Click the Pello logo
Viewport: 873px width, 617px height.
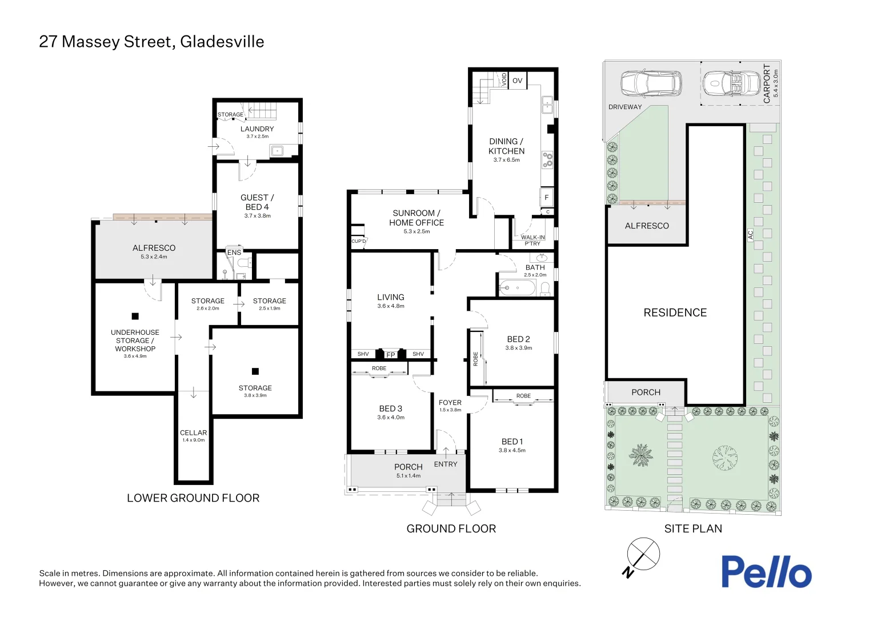pos(767,572)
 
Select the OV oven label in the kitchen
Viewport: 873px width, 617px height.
pos(517,81)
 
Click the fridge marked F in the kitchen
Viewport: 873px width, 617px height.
pos(546,198)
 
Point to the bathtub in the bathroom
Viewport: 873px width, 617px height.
pos(517,288)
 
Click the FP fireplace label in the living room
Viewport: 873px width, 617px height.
pos(391,355)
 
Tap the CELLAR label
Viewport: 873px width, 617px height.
pos(193,432)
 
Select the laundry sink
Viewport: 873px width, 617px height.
pos(278,150)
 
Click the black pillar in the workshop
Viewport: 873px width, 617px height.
pos(135,316)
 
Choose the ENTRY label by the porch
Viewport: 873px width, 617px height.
pos(446,464)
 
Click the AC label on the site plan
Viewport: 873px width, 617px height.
pos(751,235)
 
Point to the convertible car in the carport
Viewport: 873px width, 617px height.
pos(731,83)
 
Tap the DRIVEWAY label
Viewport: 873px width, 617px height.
pos(624,107)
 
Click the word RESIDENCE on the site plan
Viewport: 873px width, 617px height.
pos(675,312)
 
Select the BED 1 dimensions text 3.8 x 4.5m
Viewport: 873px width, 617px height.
pos(512,450)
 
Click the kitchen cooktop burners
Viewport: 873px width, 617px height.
pos(547,160)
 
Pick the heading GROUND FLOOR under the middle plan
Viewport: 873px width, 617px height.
pos(451,528)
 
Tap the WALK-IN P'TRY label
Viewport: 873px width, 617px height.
pos(532,240)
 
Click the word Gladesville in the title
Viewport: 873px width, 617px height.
pos(222,42)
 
